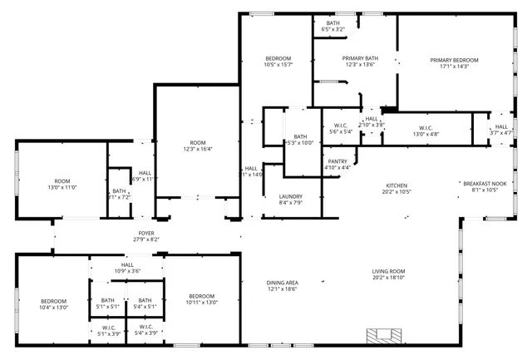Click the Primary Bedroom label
(x=454, y=60)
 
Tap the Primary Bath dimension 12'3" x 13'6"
(x=360, y=65)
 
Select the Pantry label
(x=337, y=161)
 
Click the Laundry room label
(x=290, y=196)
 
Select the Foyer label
(x=145, y=234)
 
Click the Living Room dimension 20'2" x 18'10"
(x=387, y=279)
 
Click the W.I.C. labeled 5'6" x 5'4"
(x=341, y=126)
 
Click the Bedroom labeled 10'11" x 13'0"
(x=201, y=297)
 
